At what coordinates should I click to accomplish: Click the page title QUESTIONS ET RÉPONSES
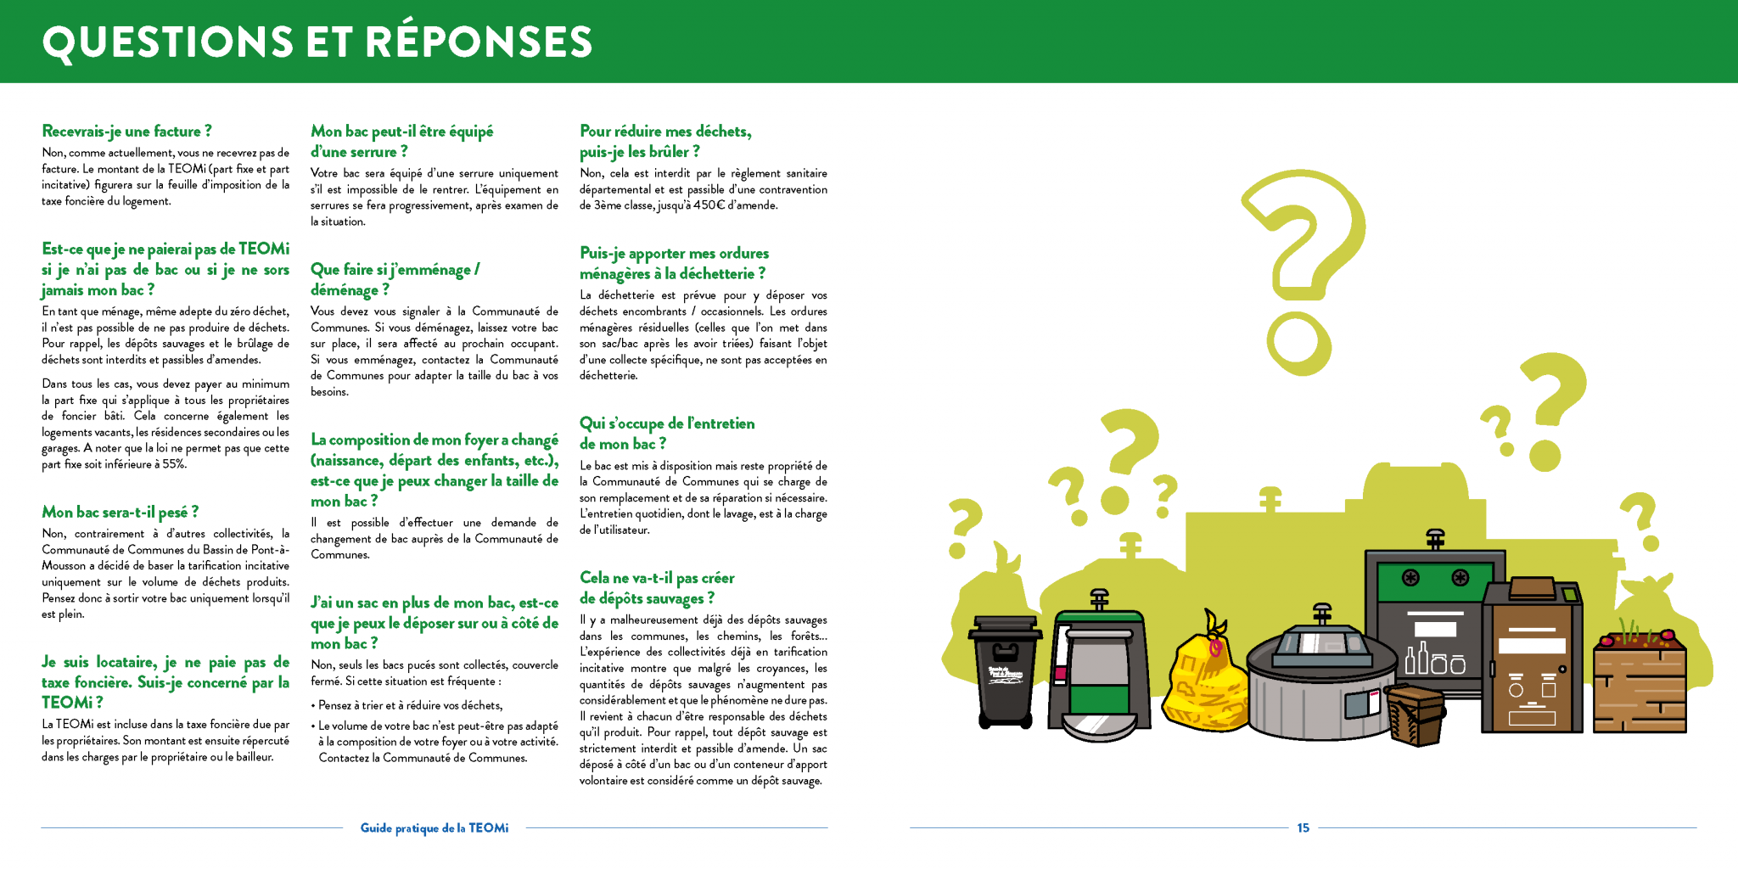[317, 42]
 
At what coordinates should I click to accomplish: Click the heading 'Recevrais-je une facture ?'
[127, 132]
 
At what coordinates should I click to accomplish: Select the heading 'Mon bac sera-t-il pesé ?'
[121, 513]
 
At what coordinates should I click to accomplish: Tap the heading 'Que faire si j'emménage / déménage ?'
[395, 279]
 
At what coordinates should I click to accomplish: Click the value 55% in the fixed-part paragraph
[174, 464]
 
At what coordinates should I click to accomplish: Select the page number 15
[1303, 827]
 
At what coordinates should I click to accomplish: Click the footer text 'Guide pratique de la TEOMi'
[434, 827]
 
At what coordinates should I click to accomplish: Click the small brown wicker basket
[1415, 713]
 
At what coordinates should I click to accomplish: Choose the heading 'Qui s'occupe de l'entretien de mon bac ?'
[667, 434]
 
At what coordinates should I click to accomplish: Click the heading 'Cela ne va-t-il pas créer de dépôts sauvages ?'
[657, 588]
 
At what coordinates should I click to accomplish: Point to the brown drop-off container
[1532, 658]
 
